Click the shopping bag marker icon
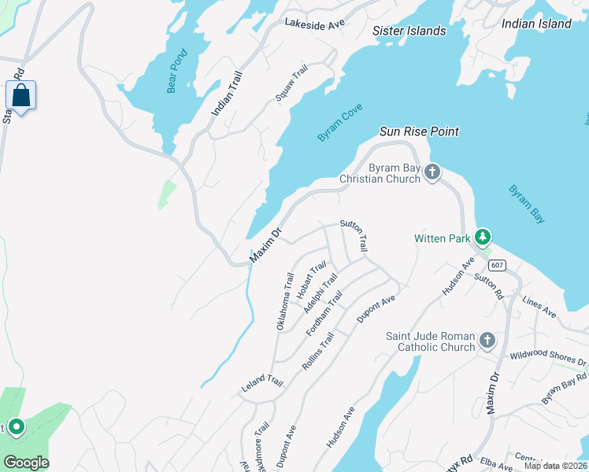(x=20, y=96)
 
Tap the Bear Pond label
(x=178, y=72)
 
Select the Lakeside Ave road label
(x=315, y=24)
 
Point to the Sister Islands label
(x=409, y=31)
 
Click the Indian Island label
(x=535, y=24)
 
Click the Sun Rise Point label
(x=419, y=131)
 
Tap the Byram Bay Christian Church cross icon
(x=432, y=172)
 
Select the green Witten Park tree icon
(x=483, y=237)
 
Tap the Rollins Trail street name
(x=318, y=352)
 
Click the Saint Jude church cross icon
(x=487, y=341)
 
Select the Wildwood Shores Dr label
(x=548, y=359)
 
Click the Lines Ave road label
(x=539, y=307)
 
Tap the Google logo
(x=26, y=463)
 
